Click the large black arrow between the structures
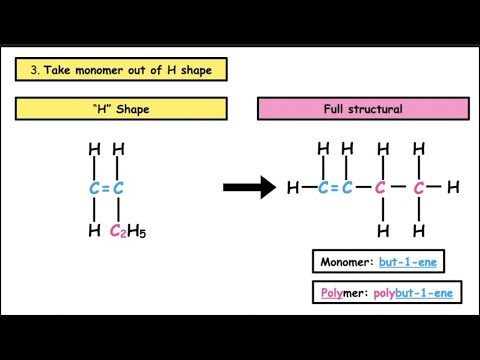click(x=248, y=187)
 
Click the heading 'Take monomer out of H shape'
click(x=128, y=70)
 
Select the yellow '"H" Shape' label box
click(x=120, y=109)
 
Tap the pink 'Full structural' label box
click(x=363, y=109)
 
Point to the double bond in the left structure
click(x=106, y=187)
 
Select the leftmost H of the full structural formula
click(x=293, y=187)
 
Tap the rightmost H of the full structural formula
click(x=453, y=187)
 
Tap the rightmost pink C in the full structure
click(x=420, y=187)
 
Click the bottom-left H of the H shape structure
click(x=94, y=231)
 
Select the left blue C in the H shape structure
click(x=94, y=187)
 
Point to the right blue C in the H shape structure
click(x=118, y=187)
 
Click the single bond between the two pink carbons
click(x=400, y=187)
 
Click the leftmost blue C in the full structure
click(x=323, y=187)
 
